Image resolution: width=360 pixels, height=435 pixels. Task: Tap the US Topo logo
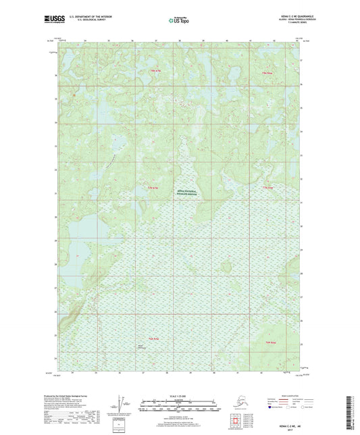pos(179,22)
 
